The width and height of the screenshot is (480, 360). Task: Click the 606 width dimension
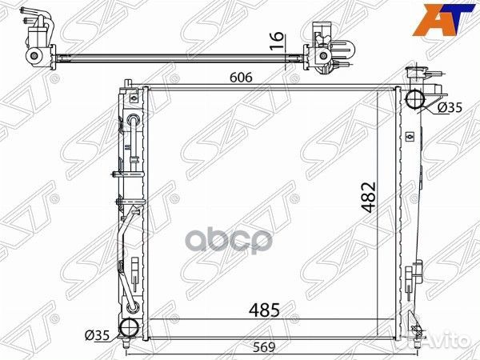[x=242, y=78]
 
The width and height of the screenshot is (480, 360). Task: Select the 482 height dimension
[x=368, y=198]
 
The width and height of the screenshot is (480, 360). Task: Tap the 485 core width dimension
[x=265, y=310]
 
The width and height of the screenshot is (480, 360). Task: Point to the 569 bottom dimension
[x=264, y=347]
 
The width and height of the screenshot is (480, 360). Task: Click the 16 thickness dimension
[x=277, y=41]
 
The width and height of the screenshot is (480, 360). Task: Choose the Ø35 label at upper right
[x=450, y=107]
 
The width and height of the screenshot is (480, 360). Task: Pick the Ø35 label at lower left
[x=97, y=335]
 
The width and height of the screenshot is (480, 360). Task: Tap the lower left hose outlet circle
[x=129, y=328]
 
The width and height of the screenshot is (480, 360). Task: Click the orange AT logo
[x=444, y=19]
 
